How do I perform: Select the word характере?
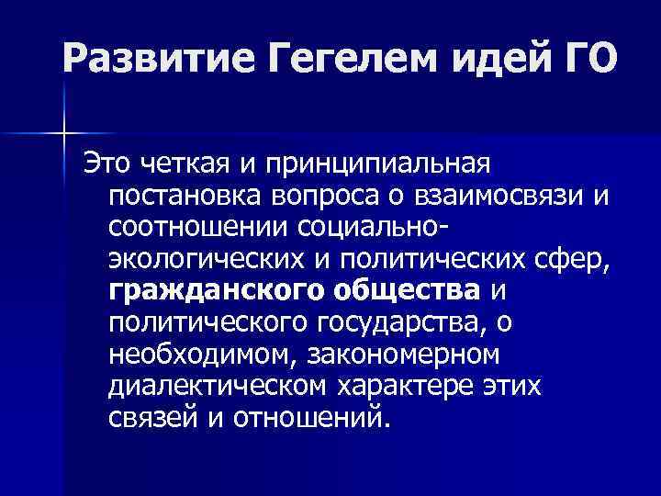pyautogui.click(x=412, y=388)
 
